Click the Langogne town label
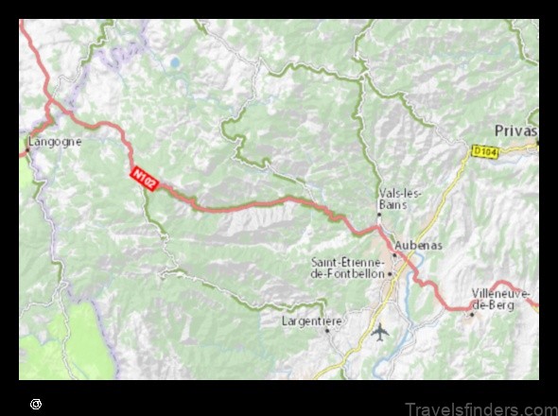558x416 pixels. coord(56,142)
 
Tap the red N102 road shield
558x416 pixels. coord(143,177)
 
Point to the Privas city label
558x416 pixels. coord(515,131)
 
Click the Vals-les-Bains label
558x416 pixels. coord(401,198)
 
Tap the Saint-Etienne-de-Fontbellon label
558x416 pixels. coord(347,267)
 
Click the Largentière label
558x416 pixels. coord(311,321)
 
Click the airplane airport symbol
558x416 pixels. coord(380,332)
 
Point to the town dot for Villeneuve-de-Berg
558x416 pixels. coord(472,313)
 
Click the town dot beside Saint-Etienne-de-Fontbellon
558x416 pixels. coord(390,273)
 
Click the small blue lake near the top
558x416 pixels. coord(174,63)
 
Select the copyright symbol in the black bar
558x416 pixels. coord(36,404)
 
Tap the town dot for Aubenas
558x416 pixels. coord(394,254)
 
